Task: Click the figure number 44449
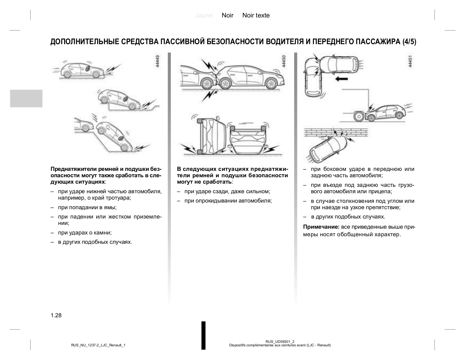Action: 158,62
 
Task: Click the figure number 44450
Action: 284,62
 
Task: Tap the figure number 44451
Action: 410,62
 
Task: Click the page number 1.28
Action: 56,316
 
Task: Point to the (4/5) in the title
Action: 409,42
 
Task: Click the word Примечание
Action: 321,227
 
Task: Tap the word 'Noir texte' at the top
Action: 256,15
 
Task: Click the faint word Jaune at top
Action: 204,15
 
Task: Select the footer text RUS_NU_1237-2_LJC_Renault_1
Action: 98,345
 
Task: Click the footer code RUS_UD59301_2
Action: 280,341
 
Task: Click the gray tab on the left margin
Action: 26,98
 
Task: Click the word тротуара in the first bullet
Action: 118,198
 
